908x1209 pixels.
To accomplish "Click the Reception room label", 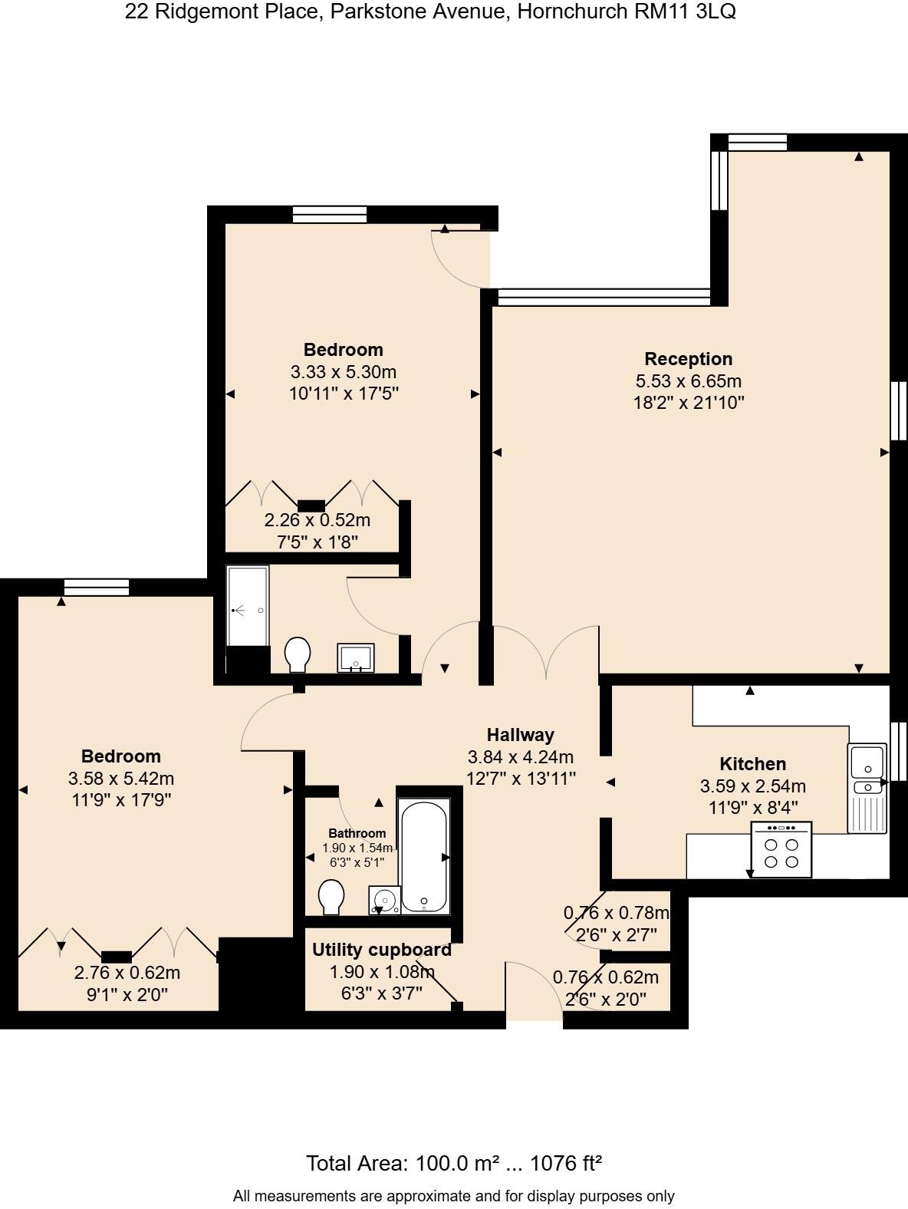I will (688, 359).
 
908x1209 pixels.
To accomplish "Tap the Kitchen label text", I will (752, 764).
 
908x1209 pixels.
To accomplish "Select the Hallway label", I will (520, 735).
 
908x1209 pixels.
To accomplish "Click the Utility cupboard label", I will (381, 950).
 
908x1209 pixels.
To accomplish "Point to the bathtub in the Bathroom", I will (423, 855).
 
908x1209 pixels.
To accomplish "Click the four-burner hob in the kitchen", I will (781, 852).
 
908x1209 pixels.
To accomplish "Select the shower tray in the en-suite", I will (248, 606).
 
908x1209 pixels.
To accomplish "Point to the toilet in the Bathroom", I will (331, 897).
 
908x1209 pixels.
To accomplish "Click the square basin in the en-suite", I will (356, 658).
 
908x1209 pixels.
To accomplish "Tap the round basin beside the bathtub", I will (385, 899).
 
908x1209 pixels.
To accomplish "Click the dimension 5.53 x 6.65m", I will (688, 381).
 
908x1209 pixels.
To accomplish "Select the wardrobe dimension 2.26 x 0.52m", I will (317, 520).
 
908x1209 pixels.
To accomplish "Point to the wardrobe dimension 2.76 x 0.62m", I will (127, 973).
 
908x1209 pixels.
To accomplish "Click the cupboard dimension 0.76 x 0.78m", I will (616, 913).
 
